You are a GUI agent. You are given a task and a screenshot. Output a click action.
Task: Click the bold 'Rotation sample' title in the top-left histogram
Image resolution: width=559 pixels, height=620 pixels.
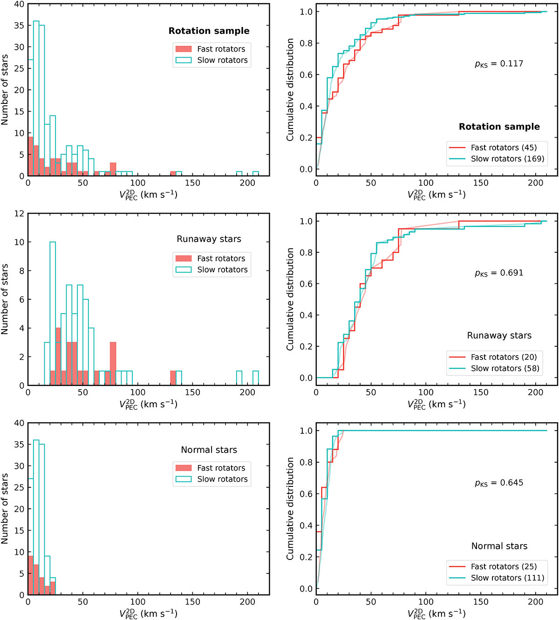pos(209,31)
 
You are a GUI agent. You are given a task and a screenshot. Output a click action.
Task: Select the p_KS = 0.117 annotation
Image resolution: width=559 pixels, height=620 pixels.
pos(499,64)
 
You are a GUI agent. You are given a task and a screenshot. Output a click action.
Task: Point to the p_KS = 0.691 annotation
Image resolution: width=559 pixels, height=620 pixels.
pos(499,273)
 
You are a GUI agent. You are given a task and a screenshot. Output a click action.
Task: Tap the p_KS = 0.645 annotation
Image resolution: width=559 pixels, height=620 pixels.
pos(499,483)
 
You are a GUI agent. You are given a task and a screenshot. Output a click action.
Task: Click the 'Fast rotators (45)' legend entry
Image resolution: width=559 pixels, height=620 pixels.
pos(504,148)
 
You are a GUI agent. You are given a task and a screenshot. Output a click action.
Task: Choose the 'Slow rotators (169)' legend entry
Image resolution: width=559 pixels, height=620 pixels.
pos(507,159)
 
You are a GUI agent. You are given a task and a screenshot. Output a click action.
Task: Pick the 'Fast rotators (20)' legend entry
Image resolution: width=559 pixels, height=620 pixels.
pos(504,357)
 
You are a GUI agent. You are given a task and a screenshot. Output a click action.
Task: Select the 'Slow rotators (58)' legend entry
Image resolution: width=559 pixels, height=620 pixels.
pos(505,368)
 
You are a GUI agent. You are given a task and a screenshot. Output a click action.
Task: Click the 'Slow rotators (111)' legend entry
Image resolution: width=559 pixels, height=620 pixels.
pos(507,578)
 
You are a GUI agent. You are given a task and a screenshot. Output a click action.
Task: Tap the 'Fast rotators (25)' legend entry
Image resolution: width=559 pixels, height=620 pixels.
pos(504,566)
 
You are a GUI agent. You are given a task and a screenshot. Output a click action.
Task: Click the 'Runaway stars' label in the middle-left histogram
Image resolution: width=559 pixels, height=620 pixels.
pos(209,239)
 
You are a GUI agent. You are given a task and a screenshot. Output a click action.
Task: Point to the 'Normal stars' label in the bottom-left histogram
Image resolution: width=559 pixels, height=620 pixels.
pos(209,450)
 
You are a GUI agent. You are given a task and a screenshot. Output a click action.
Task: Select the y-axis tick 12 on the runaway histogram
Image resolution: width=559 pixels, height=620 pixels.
pos(19,214)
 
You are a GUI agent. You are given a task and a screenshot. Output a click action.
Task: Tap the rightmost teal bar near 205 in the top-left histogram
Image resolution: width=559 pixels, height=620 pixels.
pos(255,174)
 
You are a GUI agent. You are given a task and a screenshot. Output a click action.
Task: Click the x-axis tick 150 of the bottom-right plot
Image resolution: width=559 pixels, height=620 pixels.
pos(481,601)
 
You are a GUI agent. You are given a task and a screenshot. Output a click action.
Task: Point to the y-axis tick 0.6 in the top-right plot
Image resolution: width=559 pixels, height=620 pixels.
pos(306,74)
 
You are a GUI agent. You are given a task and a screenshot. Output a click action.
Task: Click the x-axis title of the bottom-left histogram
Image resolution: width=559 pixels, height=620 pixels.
pos(148,613)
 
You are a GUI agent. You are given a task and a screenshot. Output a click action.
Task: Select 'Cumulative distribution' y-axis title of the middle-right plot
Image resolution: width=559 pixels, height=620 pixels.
pos(290,299)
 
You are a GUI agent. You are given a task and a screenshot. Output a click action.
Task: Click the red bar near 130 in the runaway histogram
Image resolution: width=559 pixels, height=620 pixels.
pos(173,378)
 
